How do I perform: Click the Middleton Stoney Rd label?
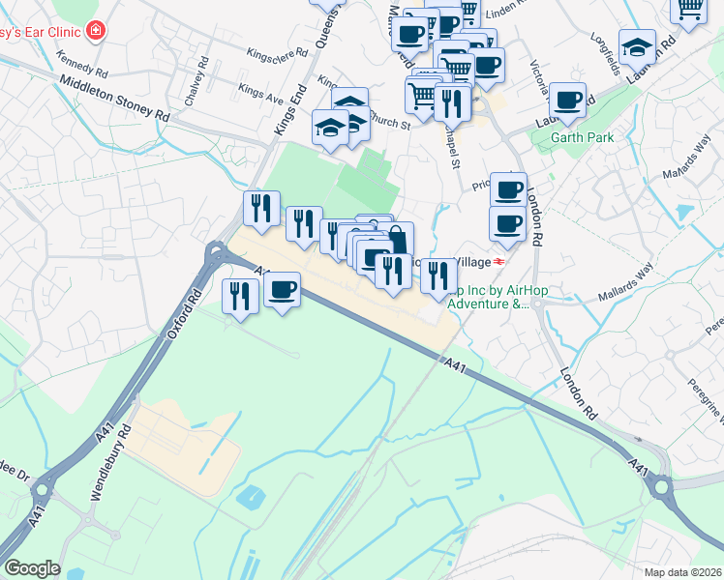coord(114,100)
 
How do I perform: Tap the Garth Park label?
coord(583,137)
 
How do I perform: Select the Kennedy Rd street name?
coord(81,66)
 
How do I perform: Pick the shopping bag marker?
coord(398,239)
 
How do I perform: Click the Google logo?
coord(32,568)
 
